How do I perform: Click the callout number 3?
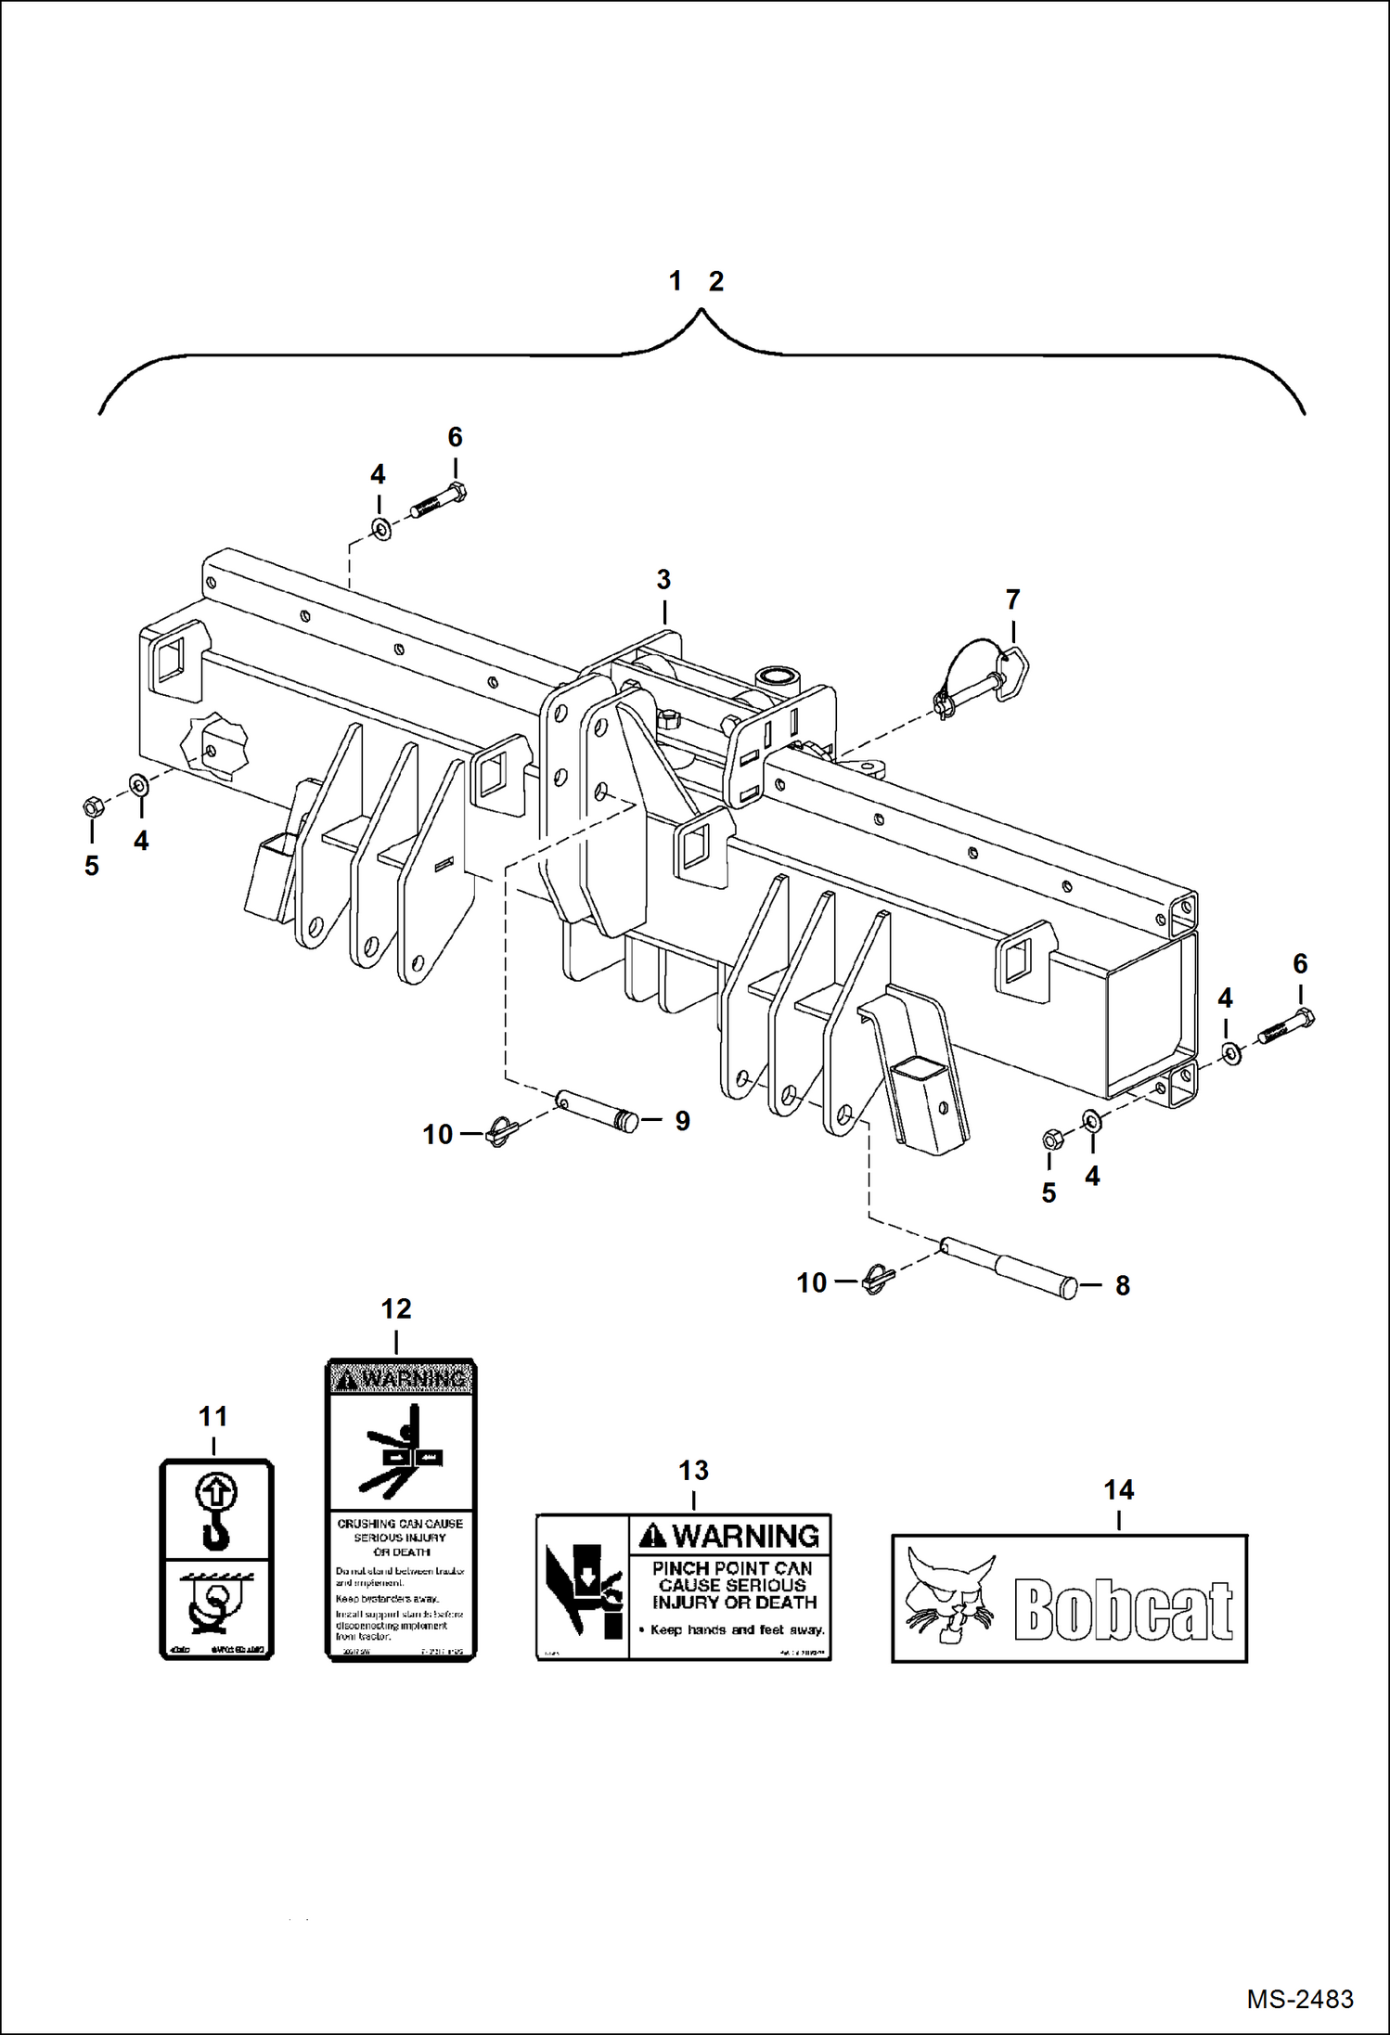663,580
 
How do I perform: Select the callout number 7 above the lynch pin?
1012,599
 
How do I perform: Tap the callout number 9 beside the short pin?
682,1121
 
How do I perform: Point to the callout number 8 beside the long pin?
1122,1285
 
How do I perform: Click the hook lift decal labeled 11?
216,1559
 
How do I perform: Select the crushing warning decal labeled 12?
400,1510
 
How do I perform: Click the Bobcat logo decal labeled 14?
1069,1598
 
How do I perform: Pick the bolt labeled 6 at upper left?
438,503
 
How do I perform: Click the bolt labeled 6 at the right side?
1287,1027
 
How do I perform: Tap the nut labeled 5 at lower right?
1052,1139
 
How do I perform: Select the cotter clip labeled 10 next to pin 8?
874,1282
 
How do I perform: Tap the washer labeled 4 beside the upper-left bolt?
380,530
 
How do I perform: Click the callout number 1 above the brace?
676,280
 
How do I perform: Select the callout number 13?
693,1471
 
